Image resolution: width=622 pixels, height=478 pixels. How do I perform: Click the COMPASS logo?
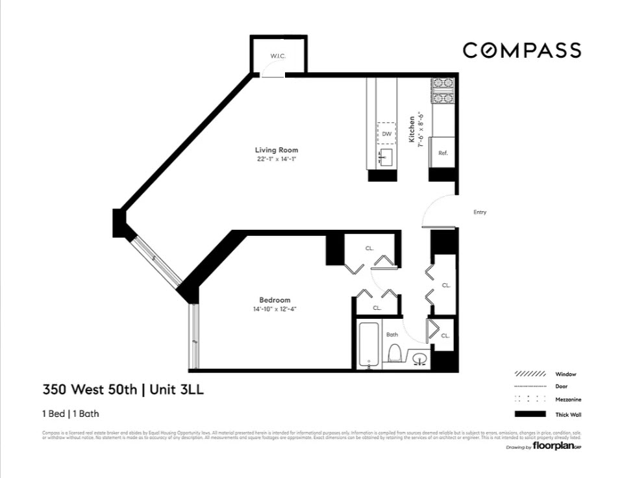point(521,51)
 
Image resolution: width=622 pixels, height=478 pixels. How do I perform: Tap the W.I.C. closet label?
point(279,57)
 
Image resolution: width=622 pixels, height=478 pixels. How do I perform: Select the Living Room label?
point(276,150)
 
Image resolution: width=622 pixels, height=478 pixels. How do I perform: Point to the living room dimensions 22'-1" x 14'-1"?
point(276,159)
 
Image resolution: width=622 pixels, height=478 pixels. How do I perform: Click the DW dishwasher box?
point(386,134)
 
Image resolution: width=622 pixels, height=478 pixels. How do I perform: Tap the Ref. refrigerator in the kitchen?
point(443,153)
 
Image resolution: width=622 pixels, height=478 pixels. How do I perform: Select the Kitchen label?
point(412,129)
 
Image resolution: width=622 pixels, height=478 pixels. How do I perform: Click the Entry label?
point(480,212)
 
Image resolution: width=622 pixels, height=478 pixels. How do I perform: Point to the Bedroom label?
point(274,299)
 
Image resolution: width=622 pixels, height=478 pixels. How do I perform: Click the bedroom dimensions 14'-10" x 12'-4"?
point(274,309)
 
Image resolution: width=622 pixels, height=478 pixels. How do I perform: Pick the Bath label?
point(392,334)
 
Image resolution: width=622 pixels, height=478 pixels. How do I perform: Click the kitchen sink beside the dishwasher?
point(386,157)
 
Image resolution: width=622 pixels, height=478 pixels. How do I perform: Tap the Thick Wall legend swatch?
point(529,414)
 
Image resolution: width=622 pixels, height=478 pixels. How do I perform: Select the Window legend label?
point(565,374)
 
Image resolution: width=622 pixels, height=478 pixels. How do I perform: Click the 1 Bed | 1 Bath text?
point(71,413)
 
